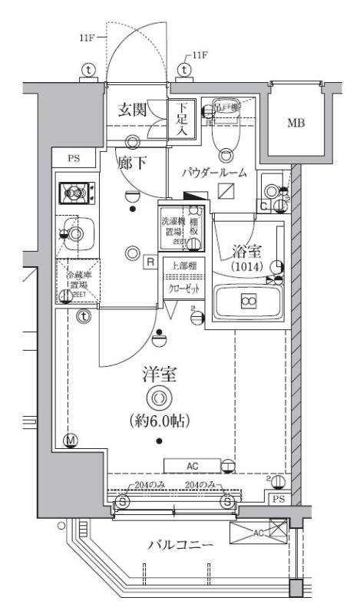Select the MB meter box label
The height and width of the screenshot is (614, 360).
pyautogui.click(x=295, y=123)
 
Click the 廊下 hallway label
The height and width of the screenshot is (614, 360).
pyautogui.click(x=131, y=162)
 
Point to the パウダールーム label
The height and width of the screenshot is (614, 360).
pyautogui.click(x=214, y=173)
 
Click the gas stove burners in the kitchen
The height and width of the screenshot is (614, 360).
pyautogui.click(x=74, y=191)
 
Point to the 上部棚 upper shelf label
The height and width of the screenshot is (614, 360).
pyautogui.click(x=182, y=266)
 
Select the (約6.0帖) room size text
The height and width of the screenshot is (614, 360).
pyautogui.click(x=159, y=421)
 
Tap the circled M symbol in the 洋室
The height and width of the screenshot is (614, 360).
pyautogui.click(x=71, y=440)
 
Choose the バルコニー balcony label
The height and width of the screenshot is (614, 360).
pyautogui.click(x=180, y=544)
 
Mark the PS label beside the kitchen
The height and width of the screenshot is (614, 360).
pyautogui.click(x=74, y=159)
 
